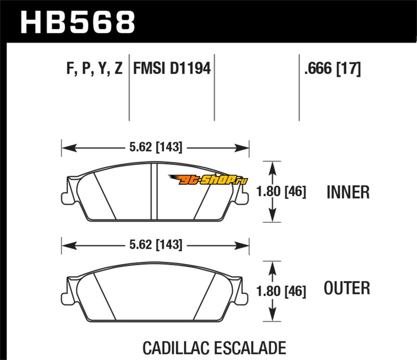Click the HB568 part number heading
coord(78,22)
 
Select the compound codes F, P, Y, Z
coord(94,68)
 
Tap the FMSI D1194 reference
coord(172,68)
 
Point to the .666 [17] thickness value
coord(333,69)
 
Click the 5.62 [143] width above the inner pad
coord(156,147)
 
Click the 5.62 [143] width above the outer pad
coord(156,245)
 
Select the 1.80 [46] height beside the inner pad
coord(281,191)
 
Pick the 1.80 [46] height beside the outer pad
coord(281,291)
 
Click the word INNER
coord(348,192)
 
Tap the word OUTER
coord(347,288)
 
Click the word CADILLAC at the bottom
coord(176,348)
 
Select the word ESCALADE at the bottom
coord(251,348)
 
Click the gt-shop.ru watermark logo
coord(208,179)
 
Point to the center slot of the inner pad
coord(154,191)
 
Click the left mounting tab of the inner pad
coord(65,198)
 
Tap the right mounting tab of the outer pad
coord(245,299)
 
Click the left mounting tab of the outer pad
coord(65,299)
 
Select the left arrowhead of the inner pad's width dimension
coord(69,148)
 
